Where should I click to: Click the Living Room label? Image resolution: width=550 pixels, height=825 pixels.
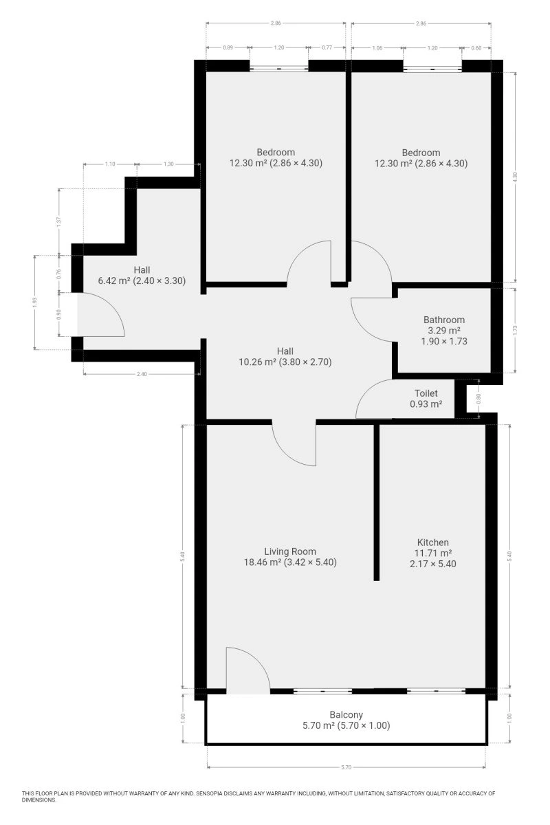[x=290, y=551]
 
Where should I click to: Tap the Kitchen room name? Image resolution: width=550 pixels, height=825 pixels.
[x=433, y=542]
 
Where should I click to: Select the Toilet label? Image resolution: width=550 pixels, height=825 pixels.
[x=426, y=393]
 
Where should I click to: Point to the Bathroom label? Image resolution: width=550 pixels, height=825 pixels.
[x=444, y=320]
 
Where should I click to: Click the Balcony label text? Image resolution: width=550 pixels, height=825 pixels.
[x=346, y=714]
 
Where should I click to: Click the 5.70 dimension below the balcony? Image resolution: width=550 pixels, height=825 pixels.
[x=346, y=767]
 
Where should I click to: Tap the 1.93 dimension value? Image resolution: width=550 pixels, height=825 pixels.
[x=34, y=302]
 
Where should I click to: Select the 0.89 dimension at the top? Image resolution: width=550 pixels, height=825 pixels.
[x=228, y=47]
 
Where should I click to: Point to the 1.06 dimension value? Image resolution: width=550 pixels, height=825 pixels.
[x=377, y=48]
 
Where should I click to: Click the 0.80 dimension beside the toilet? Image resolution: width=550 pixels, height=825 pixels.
[x=478, y=399]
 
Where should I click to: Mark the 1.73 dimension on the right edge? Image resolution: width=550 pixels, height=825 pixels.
[x=516, y=329]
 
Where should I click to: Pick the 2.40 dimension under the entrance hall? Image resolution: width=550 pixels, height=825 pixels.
[x=142, y=374]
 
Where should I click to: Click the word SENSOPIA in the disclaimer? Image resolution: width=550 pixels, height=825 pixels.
[x=209, y=793]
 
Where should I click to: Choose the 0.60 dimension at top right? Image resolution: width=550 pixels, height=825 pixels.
[x=476, y=48]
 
